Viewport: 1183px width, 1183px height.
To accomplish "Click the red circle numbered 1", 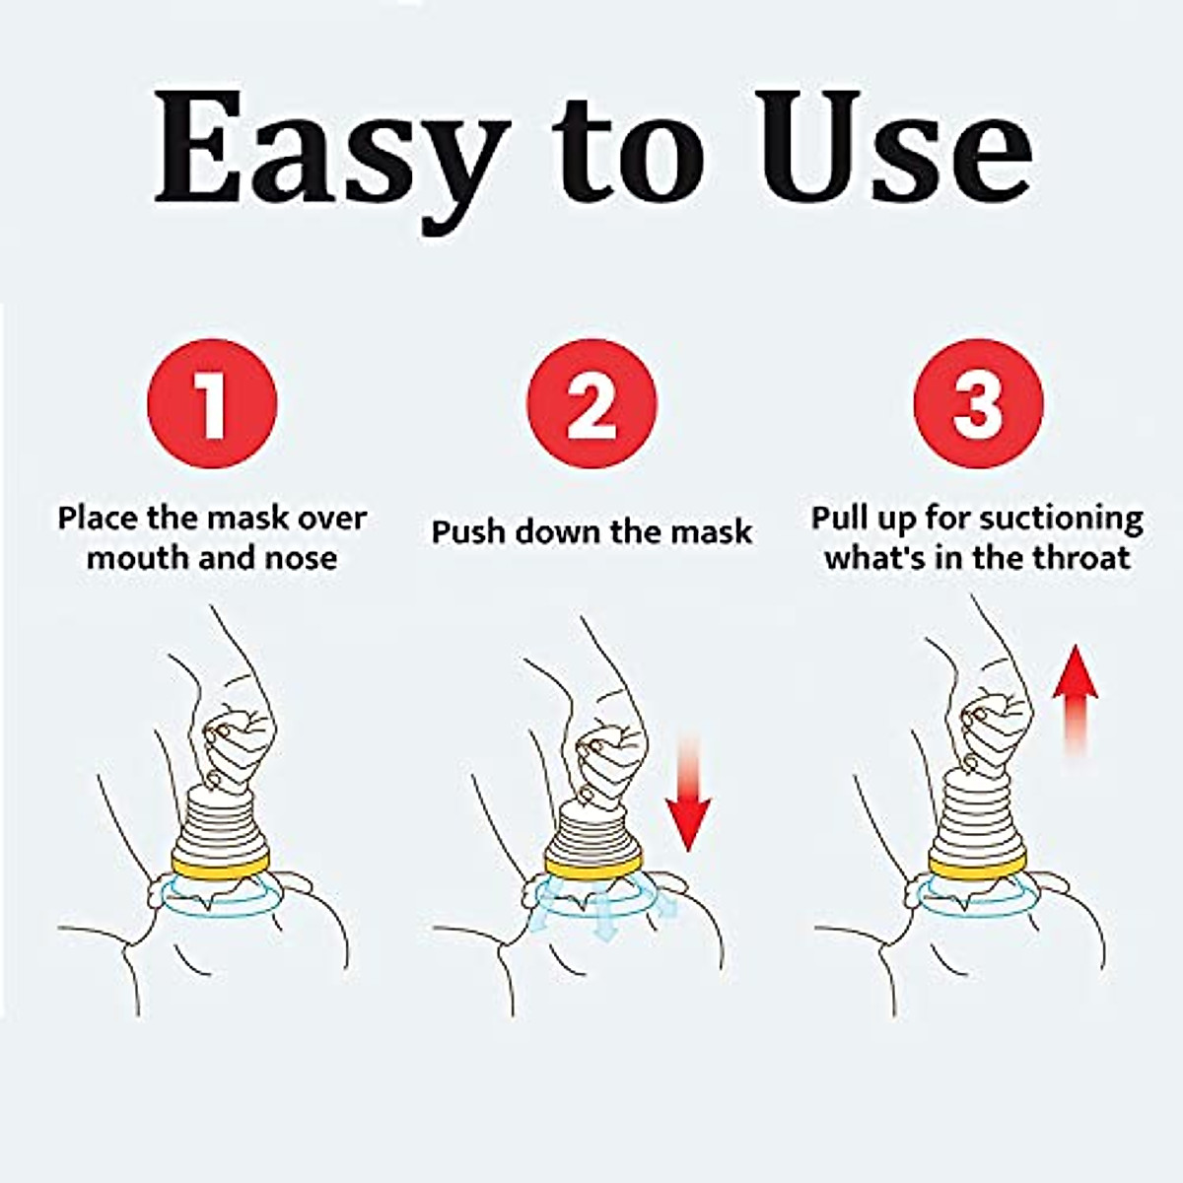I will [212, 403].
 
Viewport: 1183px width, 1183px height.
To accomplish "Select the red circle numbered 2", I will [591, 403].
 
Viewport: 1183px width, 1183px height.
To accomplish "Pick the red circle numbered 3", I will [977, 403].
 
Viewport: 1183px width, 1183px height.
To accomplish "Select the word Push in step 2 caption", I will [470, 532].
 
